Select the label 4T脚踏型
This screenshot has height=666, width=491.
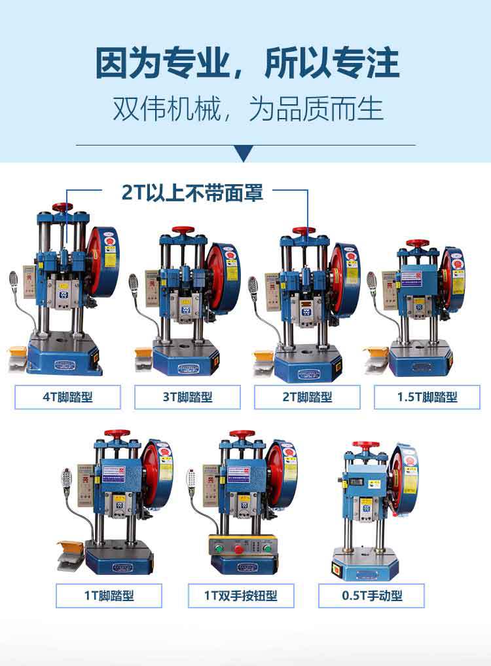[67, 397]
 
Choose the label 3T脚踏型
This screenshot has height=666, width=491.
[187, 397]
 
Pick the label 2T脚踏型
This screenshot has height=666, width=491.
[307, 397]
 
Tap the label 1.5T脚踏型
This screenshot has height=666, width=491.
[427, 397]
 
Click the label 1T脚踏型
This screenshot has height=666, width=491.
[109, 596]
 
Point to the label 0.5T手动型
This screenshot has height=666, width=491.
[372, 596]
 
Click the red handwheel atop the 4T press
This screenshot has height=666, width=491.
[63, 208]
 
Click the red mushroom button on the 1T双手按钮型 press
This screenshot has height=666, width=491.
[243, 545]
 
